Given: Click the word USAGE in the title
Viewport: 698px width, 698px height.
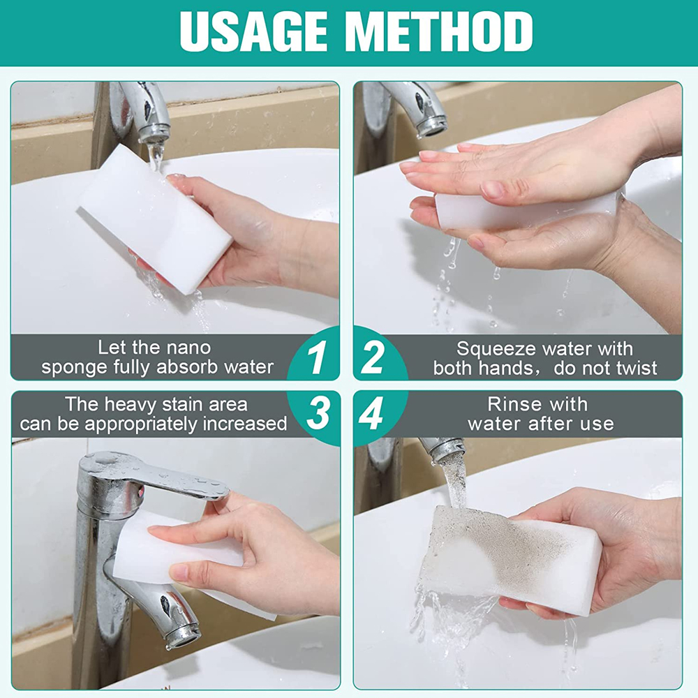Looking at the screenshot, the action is pyautogui.click(x=253, y=31).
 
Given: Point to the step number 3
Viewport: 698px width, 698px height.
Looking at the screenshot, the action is pyautogui.click(x=318, y=413).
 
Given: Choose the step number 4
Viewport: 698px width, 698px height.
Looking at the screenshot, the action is pyautogui.click(x=371, y=413).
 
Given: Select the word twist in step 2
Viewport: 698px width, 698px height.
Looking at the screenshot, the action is pyautogui.click(x=637, y=368).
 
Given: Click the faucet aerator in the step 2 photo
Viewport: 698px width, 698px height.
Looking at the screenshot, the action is pyautogui.click(x=431, y=126).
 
